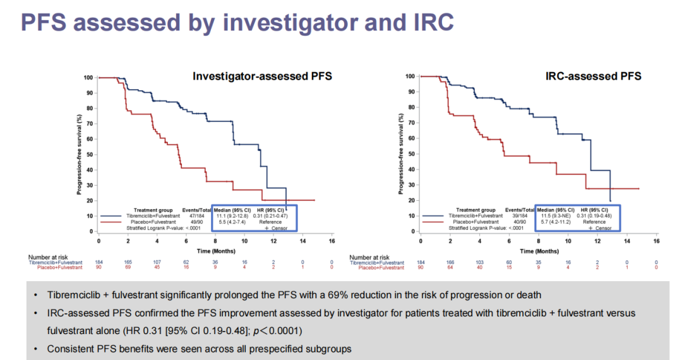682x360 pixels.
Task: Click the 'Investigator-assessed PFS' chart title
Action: tap(262, 77)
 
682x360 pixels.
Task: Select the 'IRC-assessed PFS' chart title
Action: tap(594, 76)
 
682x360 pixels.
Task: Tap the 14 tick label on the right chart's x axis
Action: tap(627, 241)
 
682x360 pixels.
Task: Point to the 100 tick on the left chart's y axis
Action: tap(88, 78)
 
